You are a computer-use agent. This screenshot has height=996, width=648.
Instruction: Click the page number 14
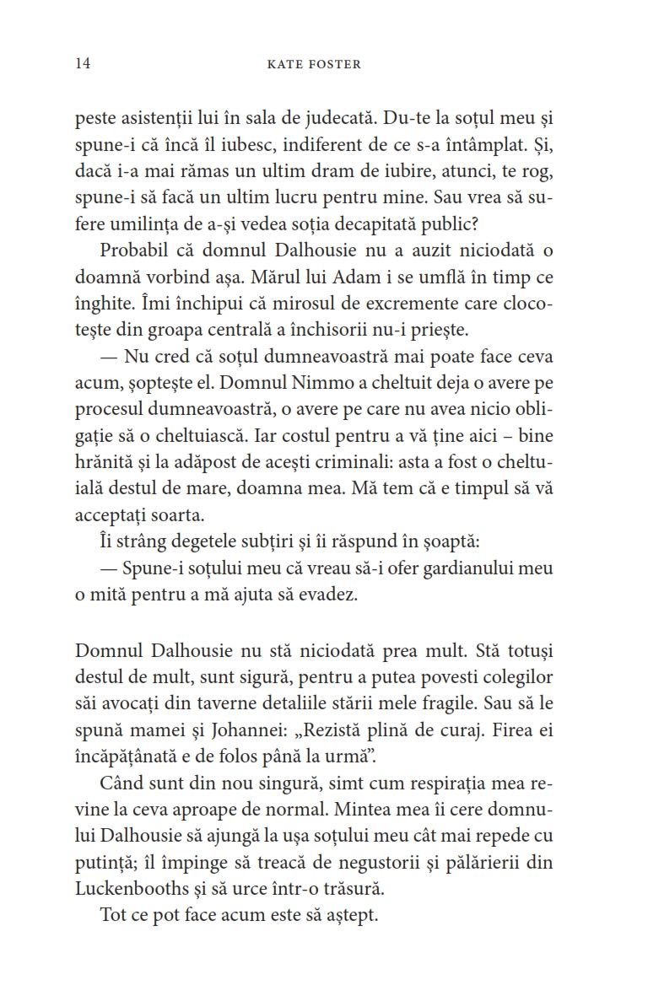(83, 63)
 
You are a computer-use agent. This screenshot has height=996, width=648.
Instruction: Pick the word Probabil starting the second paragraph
(132, 250)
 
